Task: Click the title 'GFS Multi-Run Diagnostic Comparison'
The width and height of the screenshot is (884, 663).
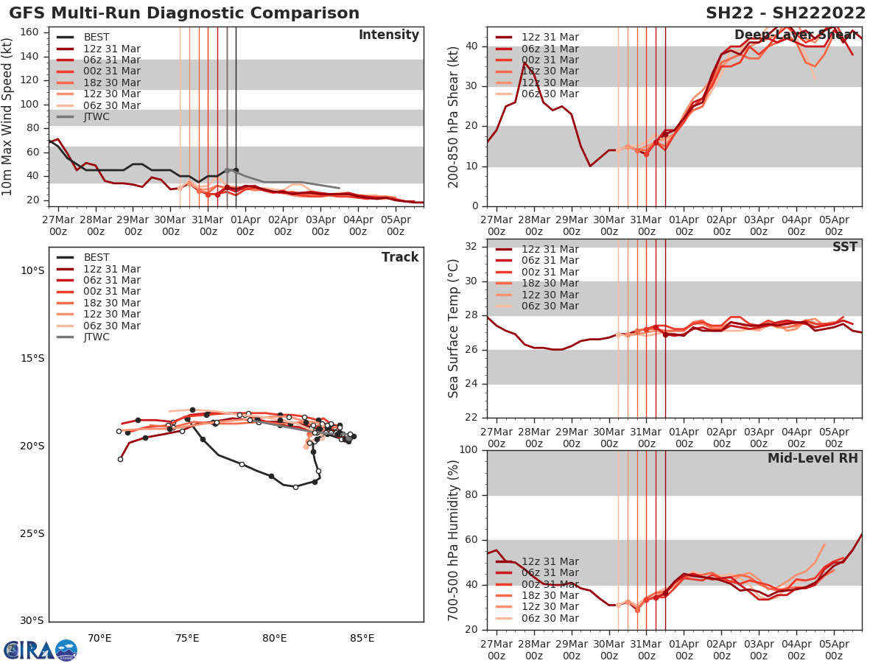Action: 184,13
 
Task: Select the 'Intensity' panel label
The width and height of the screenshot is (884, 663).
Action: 389,35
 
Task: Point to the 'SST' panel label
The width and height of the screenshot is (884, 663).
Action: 845,247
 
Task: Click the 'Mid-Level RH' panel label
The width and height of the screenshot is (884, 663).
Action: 813,458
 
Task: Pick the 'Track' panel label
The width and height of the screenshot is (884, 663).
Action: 400,257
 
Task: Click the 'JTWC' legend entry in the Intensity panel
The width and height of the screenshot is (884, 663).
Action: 97,116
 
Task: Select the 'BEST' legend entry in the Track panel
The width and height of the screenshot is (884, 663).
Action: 97,257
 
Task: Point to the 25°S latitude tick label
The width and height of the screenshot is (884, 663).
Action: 32,533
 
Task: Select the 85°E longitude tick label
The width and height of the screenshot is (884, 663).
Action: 362,638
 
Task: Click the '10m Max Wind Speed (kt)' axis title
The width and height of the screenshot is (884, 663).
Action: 8,116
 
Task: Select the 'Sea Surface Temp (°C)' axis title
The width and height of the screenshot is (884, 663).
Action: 454,329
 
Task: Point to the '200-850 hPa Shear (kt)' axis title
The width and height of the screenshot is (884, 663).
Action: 454,116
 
